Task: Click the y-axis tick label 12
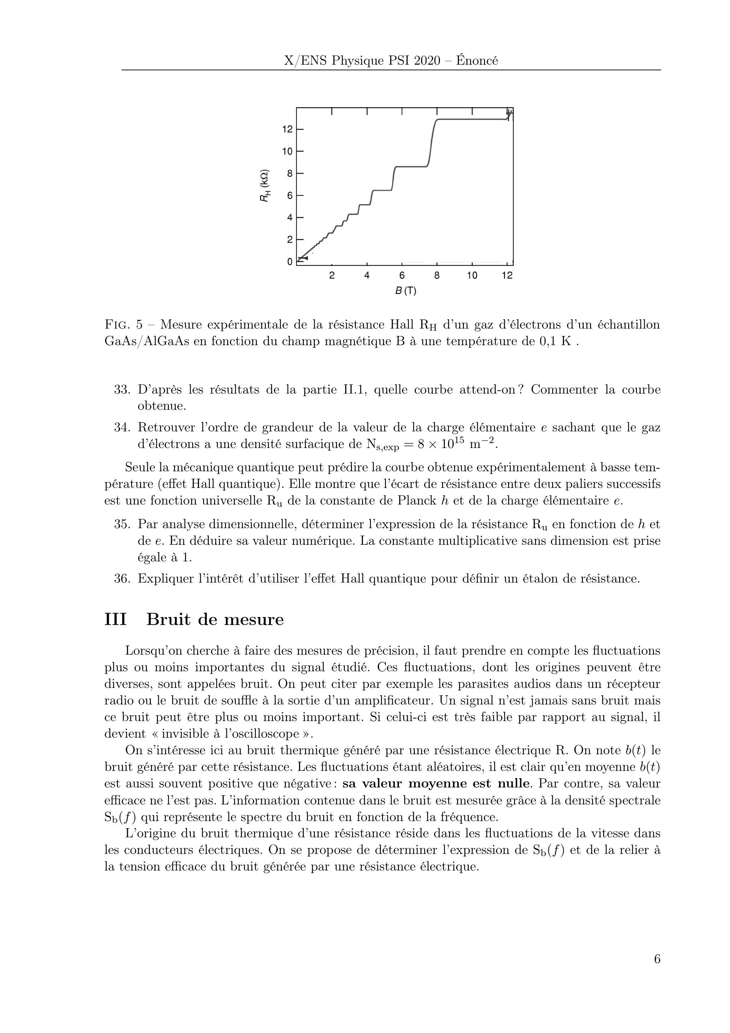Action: pyautogui.click(x=287, y=130)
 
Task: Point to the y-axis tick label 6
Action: pyautogui.click(x=290, y=196)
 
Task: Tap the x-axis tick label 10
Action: pyautogui.click(x=472, y=275)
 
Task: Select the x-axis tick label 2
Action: pyautogui.click(x=332, y=275)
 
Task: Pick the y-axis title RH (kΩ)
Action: pyautogui.click(x=265, y=185)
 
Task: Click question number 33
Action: pyautogui.click(x=122, y=390)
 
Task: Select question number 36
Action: pyautogui.click(x=122, y=579)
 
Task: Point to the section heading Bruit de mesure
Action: pyautogui.click(x=215, y=620)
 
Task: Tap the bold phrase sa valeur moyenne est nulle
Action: pyautogui.click(x=435, y=784)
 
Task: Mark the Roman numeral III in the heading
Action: pyautogui.click(x=115, y=620)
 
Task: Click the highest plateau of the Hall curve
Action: pyautogui.click(x=472, y=119)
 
